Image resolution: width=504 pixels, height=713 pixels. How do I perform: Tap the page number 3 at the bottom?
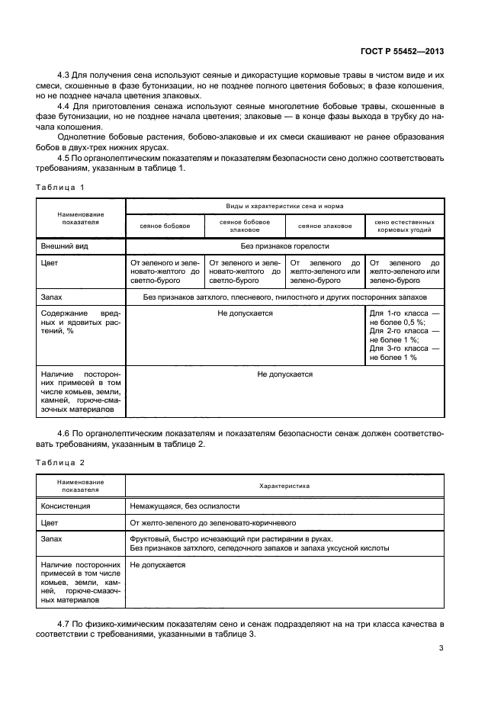(x=441, y=649)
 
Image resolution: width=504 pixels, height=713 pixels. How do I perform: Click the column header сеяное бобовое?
(x=165, y=226)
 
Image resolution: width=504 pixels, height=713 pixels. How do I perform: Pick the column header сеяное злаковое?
(x=325, y=226)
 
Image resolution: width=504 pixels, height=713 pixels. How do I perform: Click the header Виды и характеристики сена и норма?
(x=284, y=207)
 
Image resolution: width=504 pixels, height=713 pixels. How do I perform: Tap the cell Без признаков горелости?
(x=284, y=246)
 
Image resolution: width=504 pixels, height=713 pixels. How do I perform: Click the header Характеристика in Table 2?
(x=284, y=486)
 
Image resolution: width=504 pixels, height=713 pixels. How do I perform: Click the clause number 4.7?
(x=64, y=623)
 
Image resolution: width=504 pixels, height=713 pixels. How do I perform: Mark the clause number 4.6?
(x=64, y=433)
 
